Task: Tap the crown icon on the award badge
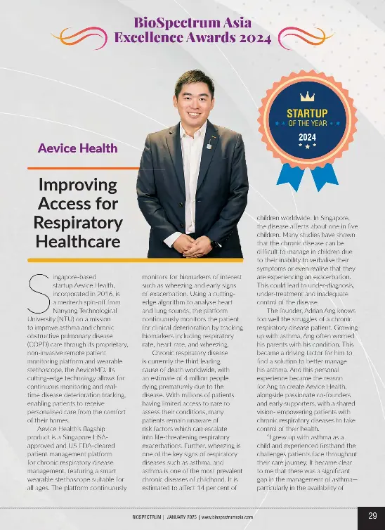click(308, 96)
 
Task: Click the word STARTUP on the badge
click(308, 112)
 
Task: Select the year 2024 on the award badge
click(308, 136)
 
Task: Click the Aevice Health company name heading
click(77, 148)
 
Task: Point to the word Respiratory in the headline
click(78, 223)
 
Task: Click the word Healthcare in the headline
click(77, 241)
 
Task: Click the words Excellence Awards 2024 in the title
click(192, 38)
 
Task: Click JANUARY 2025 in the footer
click(178, 517)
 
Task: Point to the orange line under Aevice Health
click(77, 169)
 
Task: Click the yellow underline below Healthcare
click(77, 255)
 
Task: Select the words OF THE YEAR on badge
click(308, 123)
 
